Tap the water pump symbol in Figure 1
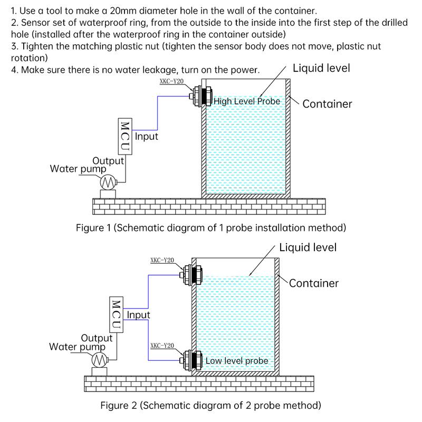tap(109, 182)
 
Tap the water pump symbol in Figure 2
tap(99, 360)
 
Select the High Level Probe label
tap(247, 101)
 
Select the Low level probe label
tap(237, 361)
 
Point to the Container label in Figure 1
tap(327, 104)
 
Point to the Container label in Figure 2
tap(314, 283)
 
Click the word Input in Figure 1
tap(147, 137)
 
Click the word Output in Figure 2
tap(97, 338)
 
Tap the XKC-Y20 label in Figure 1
tap(170, 82)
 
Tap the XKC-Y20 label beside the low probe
tap(162, 346)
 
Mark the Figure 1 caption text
tap(211, 228)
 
